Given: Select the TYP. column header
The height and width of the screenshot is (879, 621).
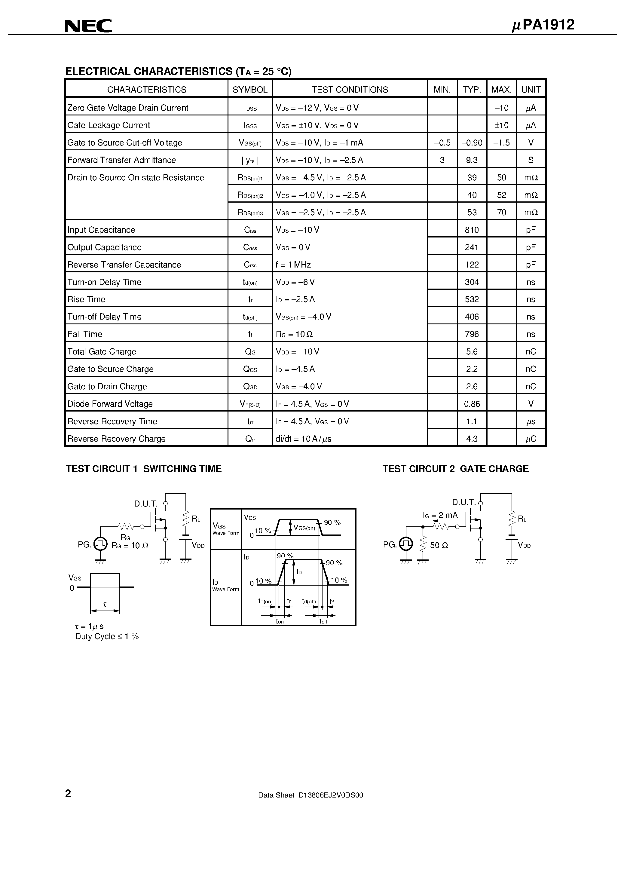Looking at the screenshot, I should coord(472,90).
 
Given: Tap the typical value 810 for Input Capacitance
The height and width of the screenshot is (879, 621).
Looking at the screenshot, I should coord(472,230).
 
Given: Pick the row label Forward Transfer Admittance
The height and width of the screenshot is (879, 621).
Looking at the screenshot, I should coord(121,160).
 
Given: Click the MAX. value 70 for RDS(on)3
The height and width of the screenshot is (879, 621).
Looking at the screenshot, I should coord(501,213).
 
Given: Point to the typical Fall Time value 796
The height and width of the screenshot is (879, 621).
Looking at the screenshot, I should coord(472,334).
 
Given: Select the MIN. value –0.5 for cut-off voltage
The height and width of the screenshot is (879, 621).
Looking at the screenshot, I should coord(442,143).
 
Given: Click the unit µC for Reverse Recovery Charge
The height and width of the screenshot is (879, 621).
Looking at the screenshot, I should coord(531,439).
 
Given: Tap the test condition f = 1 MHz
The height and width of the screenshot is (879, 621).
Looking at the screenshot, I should coord(293,265).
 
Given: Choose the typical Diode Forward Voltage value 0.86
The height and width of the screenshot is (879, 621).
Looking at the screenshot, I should coord(472,404).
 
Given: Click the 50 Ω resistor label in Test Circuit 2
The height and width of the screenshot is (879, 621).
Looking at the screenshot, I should coord(439,545).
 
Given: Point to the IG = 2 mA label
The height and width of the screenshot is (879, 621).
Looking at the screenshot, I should coord(440,515).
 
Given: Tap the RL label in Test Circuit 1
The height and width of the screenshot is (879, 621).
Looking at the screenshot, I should coord(196,519).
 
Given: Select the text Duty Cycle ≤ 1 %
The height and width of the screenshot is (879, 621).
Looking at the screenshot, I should coord(107,636).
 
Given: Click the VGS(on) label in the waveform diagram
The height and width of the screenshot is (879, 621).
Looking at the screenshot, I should coord(304,528).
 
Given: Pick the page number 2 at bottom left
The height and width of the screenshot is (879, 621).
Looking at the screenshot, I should coord(68,793).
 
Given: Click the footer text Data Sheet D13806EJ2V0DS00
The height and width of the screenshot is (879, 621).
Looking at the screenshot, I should coord(310,795).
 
